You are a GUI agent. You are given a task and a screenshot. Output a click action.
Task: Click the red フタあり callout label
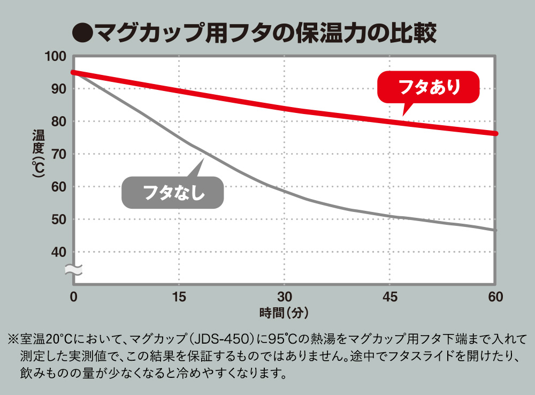(x=429, y=87)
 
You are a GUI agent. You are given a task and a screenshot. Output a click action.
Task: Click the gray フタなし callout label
(x=173, y=193)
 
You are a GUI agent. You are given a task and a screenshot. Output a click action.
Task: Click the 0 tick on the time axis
(x=74, y=297)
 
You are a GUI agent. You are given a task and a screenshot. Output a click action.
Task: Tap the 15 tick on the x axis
(x=179, y=297)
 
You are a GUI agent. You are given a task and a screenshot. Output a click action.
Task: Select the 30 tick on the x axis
(x=284, y=297)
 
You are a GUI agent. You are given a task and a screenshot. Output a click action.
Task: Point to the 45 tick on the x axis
(x=389, y=297)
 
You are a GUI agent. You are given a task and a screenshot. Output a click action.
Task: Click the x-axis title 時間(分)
(x=284, y=311)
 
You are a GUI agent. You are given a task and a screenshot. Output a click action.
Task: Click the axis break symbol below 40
(x=73, y=270)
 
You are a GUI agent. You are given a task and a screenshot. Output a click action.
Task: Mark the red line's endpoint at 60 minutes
(x=495, y=133)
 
